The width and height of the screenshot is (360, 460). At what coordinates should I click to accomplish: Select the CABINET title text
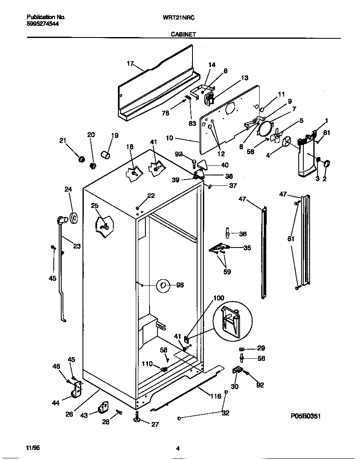(183, 35)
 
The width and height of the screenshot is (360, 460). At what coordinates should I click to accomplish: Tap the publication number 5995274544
(42, 24)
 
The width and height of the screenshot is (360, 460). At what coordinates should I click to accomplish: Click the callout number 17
(130, 64)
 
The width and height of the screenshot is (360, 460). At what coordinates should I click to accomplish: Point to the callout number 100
(219, 298)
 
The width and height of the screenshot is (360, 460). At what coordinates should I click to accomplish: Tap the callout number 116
(215, 396)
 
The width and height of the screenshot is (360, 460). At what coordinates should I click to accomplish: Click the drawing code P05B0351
(306, 416)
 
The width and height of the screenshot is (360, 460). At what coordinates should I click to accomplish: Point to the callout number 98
(180, 285)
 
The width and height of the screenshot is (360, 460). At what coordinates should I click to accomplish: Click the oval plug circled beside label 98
(163, 285)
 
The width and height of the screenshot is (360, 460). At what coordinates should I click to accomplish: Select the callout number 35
(247, 247)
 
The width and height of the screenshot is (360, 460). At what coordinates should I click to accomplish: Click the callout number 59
(227, 272)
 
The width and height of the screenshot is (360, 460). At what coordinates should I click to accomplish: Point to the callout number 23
(77, 246)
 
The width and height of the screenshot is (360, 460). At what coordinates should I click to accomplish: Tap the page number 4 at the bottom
(178, 448)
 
